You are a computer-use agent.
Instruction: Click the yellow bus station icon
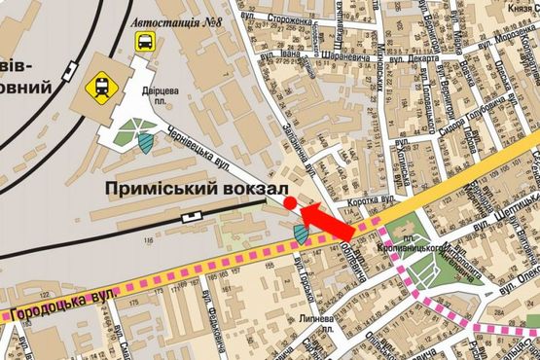[144, 42]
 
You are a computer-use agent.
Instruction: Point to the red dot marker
[291, 201]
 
